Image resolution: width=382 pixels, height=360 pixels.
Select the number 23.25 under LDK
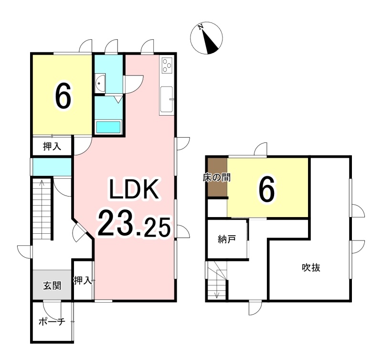(134, 224)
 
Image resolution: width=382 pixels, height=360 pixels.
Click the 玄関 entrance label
(52, 286)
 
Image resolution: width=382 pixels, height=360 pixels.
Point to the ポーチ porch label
(52, 322)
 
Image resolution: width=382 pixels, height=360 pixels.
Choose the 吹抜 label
(310, 268)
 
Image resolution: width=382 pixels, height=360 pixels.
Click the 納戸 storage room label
(227, 240)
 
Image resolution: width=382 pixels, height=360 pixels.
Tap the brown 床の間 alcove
(217, 177)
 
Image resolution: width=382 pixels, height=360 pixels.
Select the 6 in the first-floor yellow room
(63, 96)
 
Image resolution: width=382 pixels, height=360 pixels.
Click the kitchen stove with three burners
(167, 65)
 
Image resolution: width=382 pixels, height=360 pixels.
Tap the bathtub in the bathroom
(109, 127)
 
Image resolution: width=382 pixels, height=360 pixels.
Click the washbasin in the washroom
(100, 83)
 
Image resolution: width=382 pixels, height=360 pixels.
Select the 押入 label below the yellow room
(52, 147)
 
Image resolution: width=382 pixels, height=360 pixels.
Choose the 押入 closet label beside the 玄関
(83, 280)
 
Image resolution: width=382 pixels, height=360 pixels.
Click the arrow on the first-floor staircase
(42, 184)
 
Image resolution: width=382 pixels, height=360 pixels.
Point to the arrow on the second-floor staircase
(217, 293)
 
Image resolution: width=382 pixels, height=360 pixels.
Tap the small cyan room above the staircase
(52, 166)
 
